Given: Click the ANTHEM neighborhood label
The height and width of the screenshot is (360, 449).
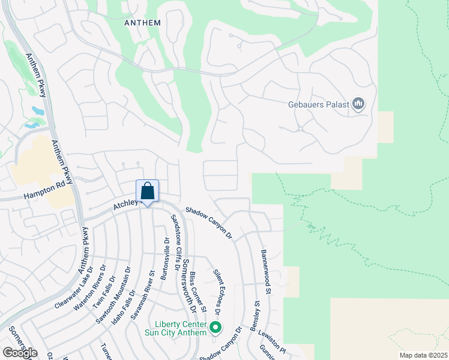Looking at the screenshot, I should click(x=142, y=23).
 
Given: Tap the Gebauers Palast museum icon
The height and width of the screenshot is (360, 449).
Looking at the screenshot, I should click(x=359, y=104).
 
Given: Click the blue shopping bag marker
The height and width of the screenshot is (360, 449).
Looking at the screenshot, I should click(x=147, y=192).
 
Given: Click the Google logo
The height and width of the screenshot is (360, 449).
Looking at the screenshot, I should click(x=20, y=353).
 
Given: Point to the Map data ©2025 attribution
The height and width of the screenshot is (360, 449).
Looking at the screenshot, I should click(x=423, y=355).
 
